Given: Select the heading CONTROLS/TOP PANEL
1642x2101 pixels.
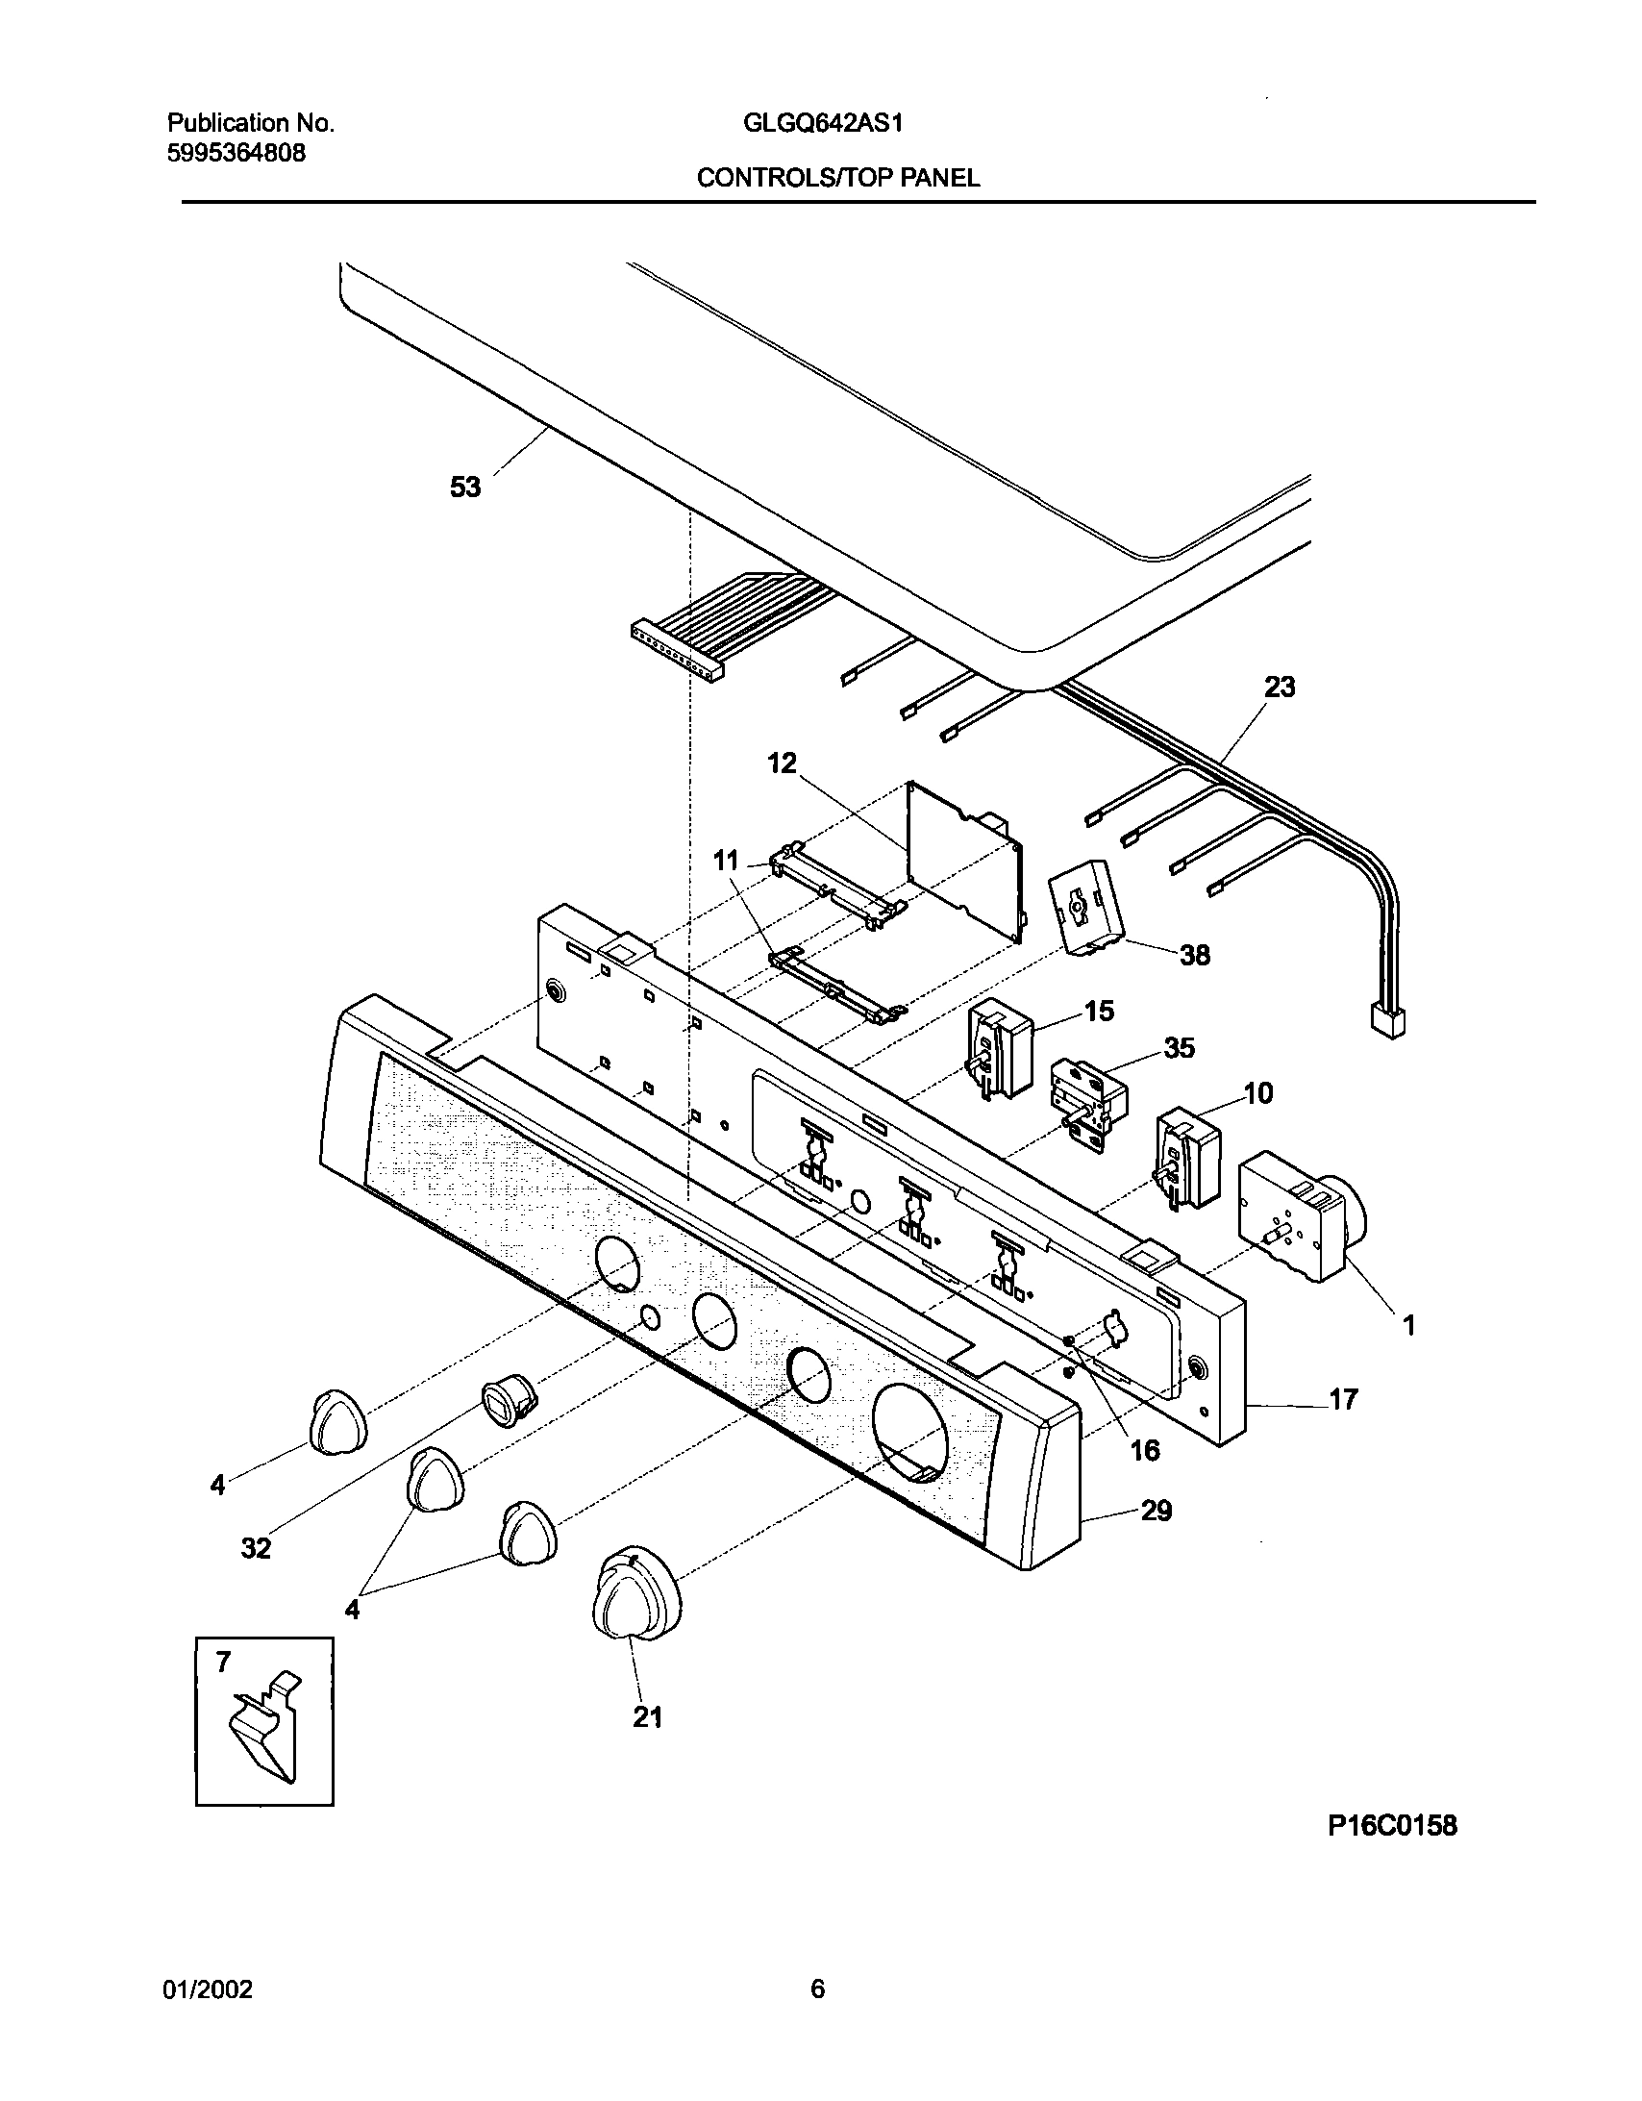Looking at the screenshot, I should [x=838, y=178].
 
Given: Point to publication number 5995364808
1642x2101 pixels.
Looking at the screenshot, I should [x=236, y=153].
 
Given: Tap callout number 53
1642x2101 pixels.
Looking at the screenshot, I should [x=465, y=488].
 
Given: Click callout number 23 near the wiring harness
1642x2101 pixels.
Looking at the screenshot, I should [x=1280, y=687].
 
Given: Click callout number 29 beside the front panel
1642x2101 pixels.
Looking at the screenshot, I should [x=1157, y=1511].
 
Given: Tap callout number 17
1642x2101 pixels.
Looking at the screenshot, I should [x=1343, y=1399].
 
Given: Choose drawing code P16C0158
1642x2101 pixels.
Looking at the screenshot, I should [x=1392, y=1852].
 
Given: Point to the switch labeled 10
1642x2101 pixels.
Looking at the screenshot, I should [x=1189, y=1158].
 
